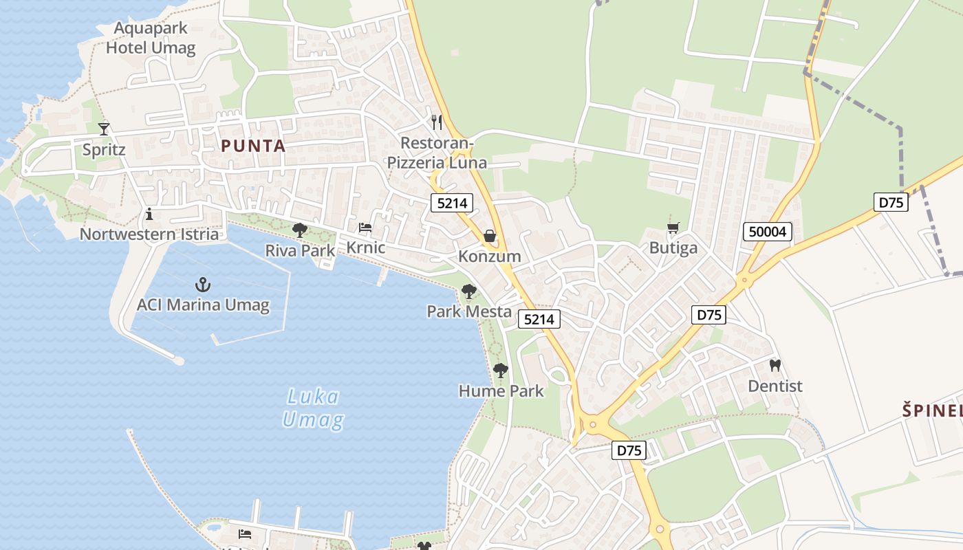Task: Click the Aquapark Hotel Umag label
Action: click(150, 38)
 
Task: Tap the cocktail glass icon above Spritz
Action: click(104, 129)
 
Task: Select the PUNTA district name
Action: click(253, 146)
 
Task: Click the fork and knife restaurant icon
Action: click(436, 122)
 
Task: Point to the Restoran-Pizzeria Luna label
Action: click(437, 153)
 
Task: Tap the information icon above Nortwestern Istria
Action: click(149, 214)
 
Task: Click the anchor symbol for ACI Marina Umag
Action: click(203, 285)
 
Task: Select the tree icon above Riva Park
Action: click(300, 230)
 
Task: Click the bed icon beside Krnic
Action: click(365, 228)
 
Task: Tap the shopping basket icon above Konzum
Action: click(490, 236)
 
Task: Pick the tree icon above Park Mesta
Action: click(469, 291)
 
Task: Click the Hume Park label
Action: click(501, 391)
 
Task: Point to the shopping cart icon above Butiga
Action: click(673, 228)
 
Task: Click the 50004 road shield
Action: click(767, 232)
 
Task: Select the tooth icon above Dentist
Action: click(775, 366)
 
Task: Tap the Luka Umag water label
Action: click(313, 408)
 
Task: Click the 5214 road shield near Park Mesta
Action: click(539, 319)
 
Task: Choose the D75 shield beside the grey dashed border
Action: click(891, 202)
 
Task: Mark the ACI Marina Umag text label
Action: click(203, 305)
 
